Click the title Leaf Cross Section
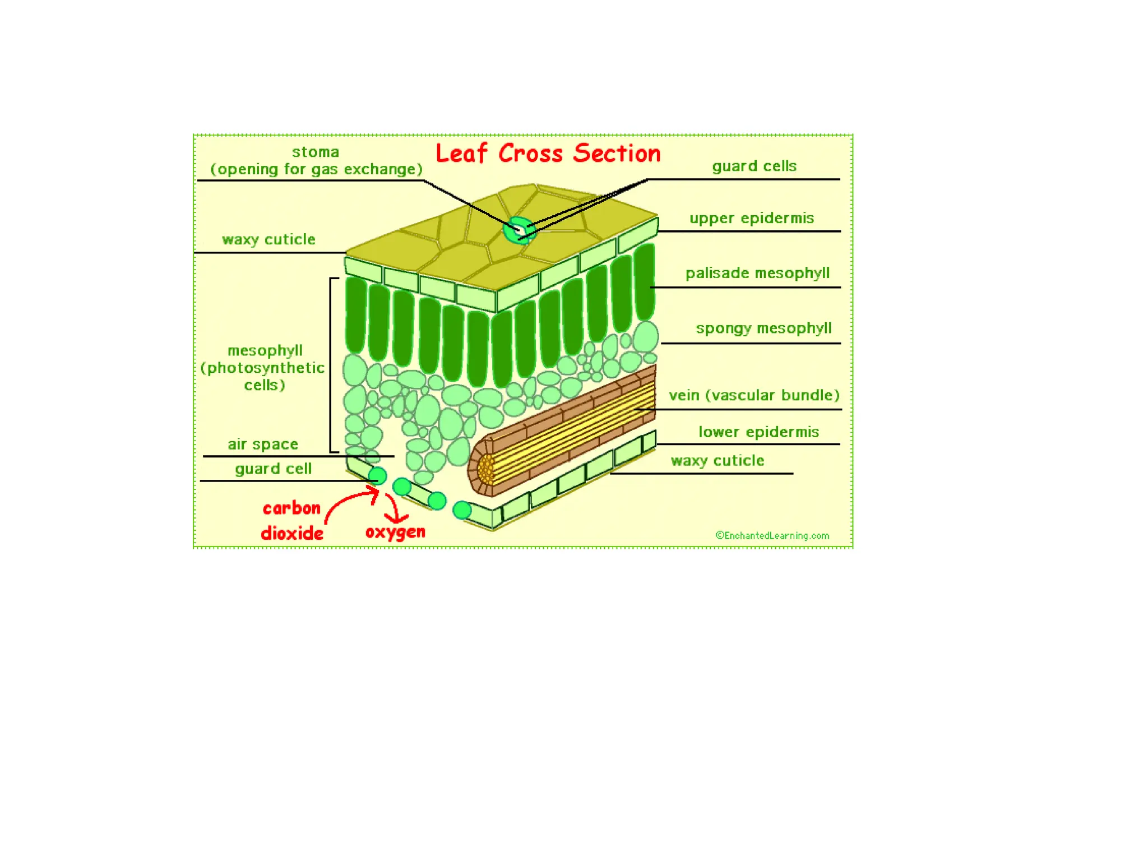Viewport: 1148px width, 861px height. pos(548,153)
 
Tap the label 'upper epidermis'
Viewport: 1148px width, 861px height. pos(751,218)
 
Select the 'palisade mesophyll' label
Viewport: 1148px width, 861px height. pos(757,273)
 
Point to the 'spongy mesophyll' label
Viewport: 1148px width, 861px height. pos(763,328)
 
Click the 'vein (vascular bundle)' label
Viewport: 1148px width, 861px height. pos(754,395)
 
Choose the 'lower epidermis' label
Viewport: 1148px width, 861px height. pos(758,432)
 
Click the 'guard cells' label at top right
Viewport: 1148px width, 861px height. pos(754,166)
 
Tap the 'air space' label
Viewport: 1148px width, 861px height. pos(262,444)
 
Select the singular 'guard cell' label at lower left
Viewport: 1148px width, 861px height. pos(273,469)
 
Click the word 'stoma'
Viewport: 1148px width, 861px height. pos(315,152)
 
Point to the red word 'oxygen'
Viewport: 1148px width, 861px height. pos(395,531)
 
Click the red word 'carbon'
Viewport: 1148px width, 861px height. pos(291,508)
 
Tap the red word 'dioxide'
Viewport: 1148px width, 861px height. pos(292,533)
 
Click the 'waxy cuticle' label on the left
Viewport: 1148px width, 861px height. pos(269,239)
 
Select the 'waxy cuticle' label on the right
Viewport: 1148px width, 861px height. pos(717,460)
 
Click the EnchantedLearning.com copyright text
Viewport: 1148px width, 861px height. pos(772,535)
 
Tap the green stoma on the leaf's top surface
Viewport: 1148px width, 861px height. pos(519,230)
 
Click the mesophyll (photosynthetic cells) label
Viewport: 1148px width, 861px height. pos(263,368)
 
